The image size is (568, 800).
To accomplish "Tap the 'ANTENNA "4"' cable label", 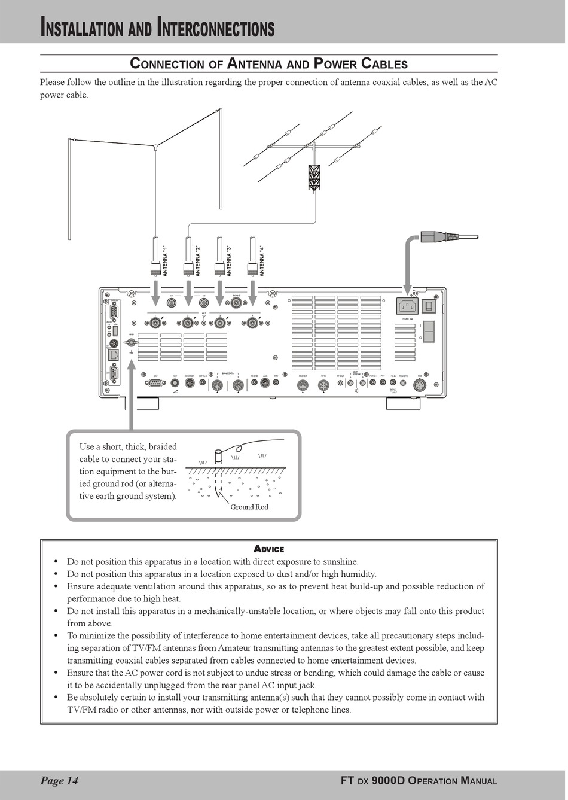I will click(261, 261).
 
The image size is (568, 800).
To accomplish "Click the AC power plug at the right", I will click(439, 236).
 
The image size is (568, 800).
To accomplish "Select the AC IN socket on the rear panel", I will click(407, 306).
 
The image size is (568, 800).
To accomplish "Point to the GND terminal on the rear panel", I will click(131, 343).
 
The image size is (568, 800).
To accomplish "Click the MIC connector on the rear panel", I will click(419, 385).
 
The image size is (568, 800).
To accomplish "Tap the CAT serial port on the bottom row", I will click(155, 383).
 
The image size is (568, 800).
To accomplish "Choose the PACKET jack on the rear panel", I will click(303, 385).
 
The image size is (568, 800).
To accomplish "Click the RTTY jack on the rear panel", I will click(323, 385).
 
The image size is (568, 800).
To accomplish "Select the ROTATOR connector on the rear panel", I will click(189, 383).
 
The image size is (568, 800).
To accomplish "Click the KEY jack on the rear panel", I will click(175, 382).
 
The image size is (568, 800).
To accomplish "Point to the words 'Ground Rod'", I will click(249, 507).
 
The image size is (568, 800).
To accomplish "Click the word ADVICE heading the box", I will click(269, 549).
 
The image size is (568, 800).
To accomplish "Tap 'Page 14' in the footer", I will click(59, 780).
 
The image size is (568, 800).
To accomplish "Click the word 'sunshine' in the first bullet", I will click(340, 562).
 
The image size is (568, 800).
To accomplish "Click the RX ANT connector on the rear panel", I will click(237, 303).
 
